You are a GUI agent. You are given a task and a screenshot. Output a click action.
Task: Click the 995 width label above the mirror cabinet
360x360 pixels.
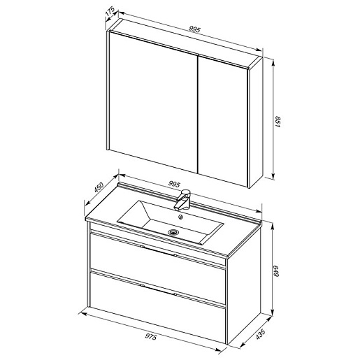[194, 29]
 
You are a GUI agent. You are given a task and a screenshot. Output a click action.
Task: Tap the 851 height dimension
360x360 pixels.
[277, 122]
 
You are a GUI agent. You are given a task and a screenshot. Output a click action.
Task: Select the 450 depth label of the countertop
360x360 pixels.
[99, 187]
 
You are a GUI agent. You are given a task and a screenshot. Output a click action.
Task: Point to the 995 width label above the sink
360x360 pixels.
[174, 184]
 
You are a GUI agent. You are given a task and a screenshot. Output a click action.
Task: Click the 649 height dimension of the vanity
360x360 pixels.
[275, 271]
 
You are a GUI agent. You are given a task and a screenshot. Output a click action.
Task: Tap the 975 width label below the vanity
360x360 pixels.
[151, 337]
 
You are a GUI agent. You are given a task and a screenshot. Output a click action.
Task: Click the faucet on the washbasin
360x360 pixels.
[183, 199]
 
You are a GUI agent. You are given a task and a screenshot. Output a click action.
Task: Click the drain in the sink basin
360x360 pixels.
[173, 231]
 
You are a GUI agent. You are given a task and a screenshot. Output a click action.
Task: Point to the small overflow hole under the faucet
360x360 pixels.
[180, 217]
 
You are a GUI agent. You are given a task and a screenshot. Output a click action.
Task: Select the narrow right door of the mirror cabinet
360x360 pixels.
[222, 121]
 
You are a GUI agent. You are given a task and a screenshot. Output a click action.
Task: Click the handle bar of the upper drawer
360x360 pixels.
[158, 251]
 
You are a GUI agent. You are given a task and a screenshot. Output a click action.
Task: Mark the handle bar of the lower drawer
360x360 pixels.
[158, 289]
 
